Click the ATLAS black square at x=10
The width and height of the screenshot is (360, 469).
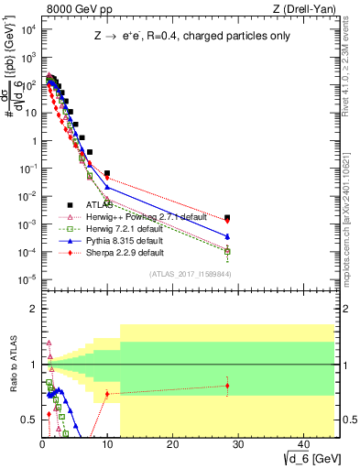[107, 173]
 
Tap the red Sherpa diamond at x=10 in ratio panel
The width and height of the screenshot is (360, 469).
[107, 394]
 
